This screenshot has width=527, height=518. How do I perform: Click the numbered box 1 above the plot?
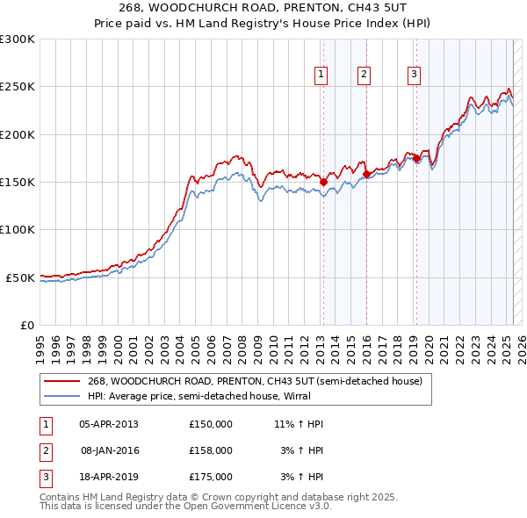[322, 76]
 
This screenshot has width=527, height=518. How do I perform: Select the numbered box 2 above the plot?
[364, 76]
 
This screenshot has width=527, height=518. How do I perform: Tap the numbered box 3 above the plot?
[414, 76]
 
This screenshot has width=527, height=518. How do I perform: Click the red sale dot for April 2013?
[323, 183]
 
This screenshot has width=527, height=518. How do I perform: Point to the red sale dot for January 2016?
[365, 175]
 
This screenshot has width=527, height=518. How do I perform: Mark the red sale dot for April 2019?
[416, 159]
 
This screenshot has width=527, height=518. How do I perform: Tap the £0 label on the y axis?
[26, 325]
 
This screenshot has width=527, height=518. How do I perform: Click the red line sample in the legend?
[61, 382]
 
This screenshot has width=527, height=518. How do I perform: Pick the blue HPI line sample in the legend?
[61, 395]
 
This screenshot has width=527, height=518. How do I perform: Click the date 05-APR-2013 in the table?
[109, 424]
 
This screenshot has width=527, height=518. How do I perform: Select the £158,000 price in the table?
[211, 450]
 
